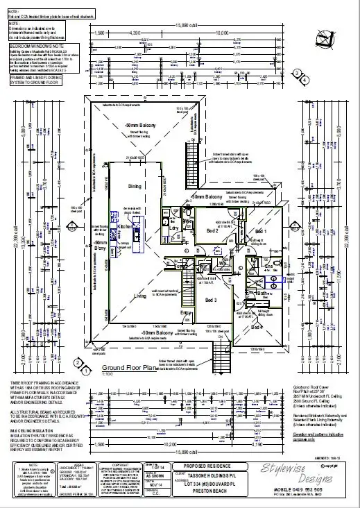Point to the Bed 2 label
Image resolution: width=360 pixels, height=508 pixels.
tap(212, 230)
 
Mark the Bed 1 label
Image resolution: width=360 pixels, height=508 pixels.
tap(261, 231)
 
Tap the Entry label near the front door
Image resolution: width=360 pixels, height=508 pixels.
tap(186, 313)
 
